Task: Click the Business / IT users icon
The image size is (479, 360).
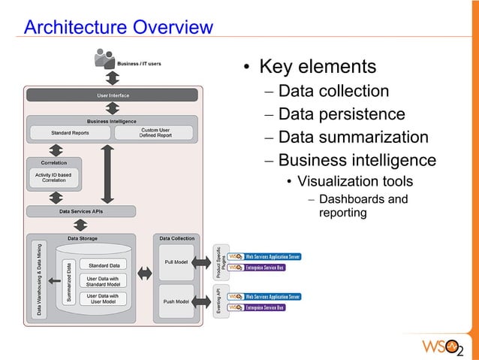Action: pos(104,58)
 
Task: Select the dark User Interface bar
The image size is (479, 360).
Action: pos(113,95)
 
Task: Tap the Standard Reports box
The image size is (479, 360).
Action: pos(70,133)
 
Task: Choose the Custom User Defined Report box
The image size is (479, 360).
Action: pos(155,133)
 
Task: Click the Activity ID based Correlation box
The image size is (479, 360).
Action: pos(53,177)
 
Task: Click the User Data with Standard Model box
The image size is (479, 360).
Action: pos(102,282)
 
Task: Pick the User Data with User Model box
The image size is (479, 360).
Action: pos(102,299)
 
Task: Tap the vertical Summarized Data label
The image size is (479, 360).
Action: pos(68,282)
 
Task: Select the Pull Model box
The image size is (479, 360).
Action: pos(176,262)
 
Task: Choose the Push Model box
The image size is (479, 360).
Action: pos(176,301)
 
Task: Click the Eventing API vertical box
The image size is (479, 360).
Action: pos(218,301)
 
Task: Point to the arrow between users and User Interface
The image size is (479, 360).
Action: pos(112,78)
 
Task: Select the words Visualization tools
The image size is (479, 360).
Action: pos(354,182)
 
